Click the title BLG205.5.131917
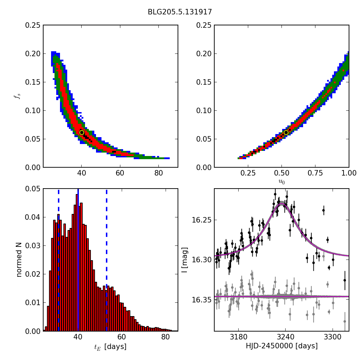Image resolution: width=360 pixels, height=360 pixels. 180,12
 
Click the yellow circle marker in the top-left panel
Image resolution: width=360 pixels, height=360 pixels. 82,132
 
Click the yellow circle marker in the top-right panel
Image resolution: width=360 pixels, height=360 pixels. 286,132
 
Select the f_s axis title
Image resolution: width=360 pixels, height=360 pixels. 17,96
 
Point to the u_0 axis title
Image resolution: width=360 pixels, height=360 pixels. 281,182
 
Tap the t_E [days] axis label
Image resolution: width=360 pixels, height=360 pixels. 110,347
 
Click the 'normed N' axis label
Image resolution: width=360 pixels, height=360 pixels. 19,260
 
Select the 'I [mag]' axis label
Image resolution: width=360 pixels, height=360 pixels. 185,260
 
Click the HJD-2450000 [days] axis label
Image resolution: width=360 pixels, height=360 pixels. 281,346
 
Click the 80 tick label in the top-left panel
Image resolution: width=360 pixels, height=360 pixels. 158,173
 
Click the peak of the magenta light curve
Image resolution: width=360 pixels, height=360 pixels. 281,204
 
